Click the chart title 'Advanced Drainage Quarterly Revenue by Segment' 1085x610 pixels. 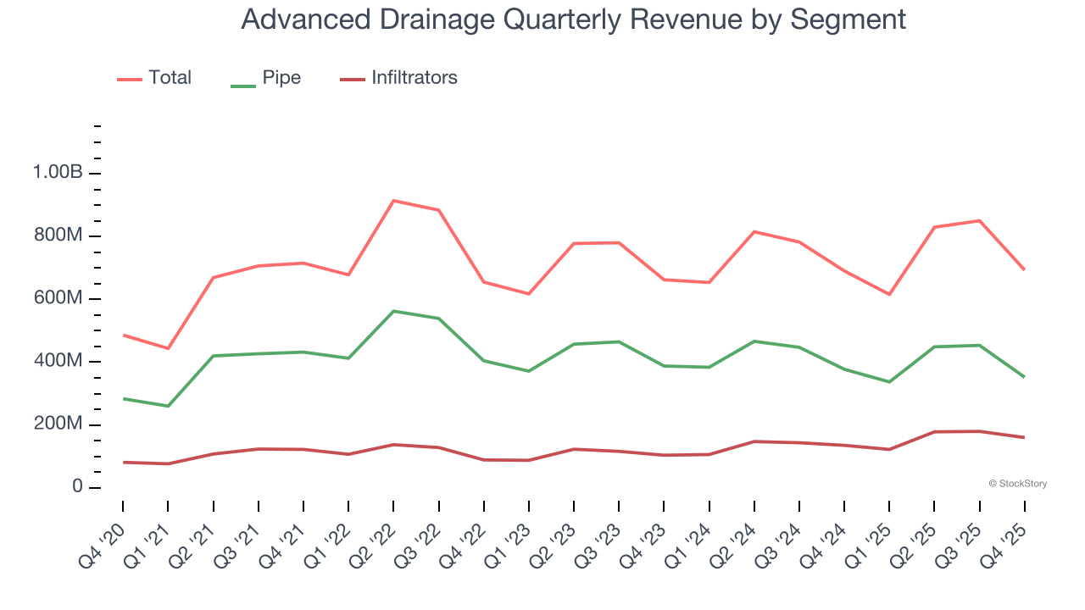point(573,19)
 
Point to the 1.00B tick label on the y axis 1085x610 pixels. point(58,173)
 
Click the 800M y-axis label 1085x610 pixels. point(58,236)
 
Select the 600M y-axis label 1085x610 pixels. point(58,298)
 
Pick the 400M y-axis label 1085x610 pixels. point(58,362)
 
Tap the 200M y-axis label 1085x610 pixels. point(58,424)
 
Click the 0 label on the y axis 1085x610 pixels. point(76,487)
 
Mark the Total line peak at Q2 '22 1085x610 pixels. point(393,201)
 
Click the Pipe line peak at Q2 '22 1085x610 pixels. point(393,311)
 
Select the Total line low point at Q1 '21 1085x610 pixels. point(168,348)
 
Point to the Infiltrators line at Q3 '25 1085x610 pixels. point(979,431)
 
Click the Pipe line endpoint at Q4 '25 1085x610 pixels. point(1024,377)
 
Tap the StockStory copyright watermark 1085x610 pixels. point(1017,484)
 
